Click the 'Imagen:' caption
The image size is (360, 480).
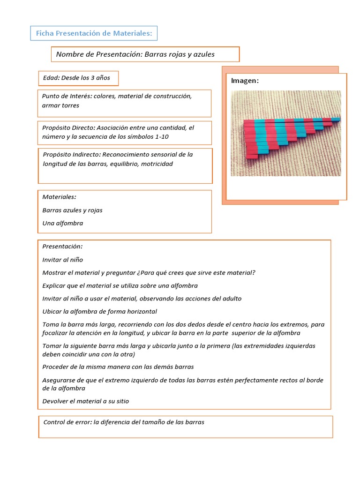pyautogui.click(x=245, y=81)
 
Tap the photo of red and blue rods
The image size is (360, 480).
pyautogui.click(x=285, y=133)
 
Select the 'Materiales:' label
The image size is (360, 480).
pyautogui.click(x=60, y=197)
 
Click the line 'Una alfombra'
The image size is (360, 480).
pyautogui.click(x=63, y=223)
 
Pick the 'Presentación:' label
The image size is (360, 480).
pyautogui.click(x=62, y=246)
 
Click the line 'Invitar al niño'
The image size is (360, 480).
pyautogui.click(x=63, y=259)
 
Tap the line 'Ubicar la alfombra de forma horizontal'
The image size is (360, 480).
pyautogui.click(x=99, y=311)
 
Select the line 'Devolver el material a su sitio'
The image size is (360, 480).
pyautogui.click(x=85, y=401)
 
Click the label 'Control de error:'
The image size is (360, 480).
pyautogui.click(x=67, y=422)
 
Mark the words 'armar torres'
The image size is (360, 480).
pyautogui.click(x=60, y=105)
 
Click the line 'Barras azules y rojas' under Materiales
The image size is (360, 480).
pyautogui.click(x=73, y=210)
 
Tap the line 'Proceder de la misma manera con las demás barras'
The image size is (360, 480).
pyautogui.click(x=118, y=367)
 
